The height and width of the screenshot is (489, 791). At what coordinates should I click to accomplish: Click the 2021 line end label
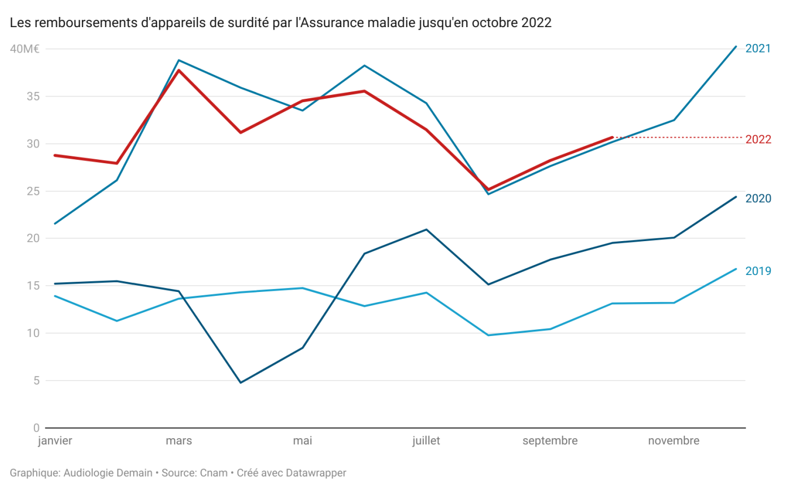pos(758,49)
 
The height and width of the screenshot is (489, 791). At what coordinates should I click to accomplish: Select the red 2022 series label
pos(758,139)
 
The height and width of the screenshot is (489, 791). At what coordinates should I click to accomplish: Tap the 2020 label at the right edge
pos(758,198)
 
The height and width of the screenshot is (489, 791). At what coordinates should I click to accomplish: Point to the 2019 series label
pos(758,271)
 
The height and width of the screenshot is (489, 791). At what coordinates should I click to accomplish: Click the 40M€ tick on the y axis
pos(24,49)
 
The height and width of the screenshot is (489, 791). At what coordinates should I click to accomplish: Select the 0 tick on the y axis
pos(36,427)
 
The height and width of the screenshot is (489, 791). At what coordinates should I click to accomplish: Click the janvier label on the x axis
pos(55,441)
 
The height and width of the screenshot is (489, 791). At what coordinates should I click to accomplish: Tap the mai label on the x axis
pos(302,441)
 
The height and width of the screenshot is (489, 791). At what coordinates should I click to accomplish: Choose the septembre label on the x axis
pos(550,441)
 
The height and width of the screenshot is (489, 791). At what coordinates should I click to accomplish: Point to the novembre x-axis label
pos(673,441)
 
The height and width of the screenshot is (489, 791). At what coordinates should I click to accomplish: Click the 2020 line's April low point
pos(241,383)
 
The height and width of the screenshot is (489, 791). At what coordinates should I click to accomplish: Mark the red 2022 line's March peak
pos(179,70)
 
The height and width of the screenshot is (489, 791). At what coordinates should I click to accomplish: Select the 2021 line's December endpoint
pos(736,46)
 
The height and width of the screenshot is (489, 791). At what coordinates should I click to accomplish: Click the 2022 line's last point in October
pos(612,137)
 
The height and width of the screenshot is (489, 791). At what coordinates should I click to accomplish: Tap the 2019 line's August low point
pos(488,335)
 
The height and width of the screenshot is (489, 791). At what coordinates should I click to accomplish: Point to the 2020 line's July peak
pos(427,229)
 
